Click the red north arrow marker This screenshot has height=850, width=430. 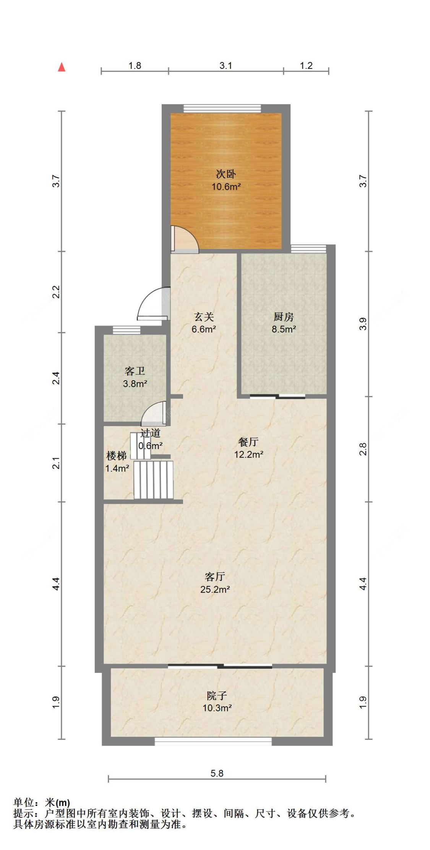(x=62, y=67)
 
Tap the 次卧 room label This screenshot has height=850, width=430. (x=226, y=174)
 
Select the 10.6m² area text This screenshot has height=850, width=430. (x=226, y=187)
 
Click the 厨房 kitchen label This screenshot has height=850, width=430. (x=284, y=317)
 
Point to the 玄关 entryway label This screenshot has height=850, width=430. (x=204, y=317)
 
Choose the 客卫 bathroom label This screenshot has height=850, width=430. (x=135, y=371)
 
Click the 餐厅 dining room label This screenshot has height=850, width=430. (x=248, y=442)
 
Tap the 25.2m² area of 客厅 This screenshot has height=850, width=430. (x=215, y=589)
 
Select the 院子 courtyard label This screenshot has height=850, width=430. (x=217, y=695)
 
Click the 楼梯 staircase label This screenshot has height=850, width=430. (x=116, y=456)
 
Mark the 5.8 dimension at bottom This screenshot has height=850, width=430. (x=217, y=773)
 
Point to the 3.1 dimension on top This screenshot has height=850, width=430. (x=226, y=65)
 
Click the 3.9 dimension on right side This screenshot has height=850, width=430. (x=363, y=324)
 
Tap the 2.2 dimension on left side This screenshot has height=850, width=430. (x=56, y=292)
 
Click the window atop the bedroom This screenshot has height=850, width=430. (x=222, y=108)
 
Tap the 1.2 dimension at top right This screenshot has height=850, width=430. (x=306, y=65)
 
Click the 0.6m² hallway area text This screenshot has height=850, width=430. (x=150, y=446)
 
